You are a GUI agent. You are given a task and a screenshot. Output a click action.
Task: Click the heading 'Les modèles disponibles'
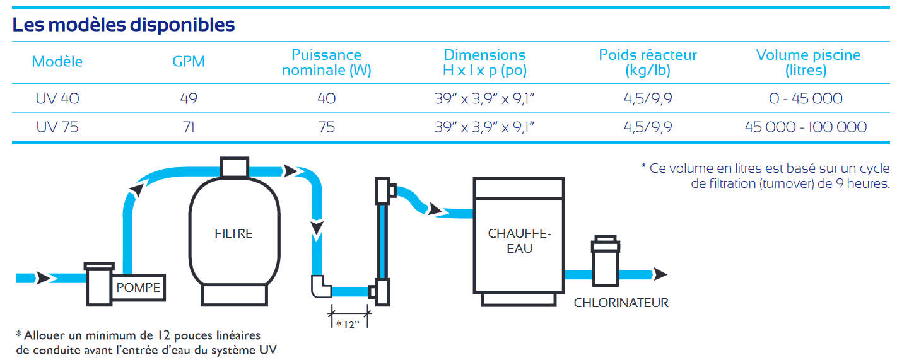tap(124, 25)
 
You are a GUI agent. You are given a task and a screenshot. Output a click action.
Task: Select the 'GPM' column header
tap(189, 62)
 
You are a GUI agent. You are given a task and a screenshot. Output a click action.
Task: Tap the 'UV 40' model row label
tap(57, 98)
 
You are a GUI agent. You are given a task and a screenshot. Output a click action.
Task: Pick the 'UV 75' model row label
tap(57, 127)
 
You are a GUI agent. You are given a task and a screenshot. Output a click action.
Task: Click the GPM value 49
tap(189, 98)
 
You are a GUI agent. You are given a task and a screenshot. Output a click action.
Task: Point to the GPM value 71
tap(189, 127)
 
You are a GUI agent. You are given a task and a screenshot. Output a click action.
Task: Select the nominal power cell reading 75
tap(326, 127)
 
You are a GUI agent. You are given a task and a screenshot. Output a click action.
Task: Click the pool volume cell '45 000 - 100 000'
tap(806, 127)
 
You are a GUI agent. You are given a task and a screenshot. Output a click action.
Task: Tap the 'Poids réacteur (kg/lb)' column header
tap(648, 62)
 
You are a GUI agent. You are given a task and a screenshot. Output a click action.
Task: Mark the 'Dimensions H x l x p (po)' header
tap(484, 62)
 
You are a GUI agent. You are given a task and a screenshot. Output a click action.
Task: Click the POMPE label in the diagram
tap(139, 289)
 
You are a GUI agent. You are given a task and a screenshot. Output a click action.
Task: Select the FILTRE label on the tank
tap(233, 233)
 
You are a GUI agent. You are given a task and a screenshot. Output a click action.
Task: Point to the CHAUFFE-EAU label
tap(519, 241)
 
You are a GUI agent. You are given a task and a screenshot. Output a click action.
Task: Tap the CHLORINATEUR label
tap(621, 303)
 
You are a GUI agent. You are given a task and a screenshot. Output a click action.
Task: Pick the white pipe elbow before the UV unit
tap(321, 287)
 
